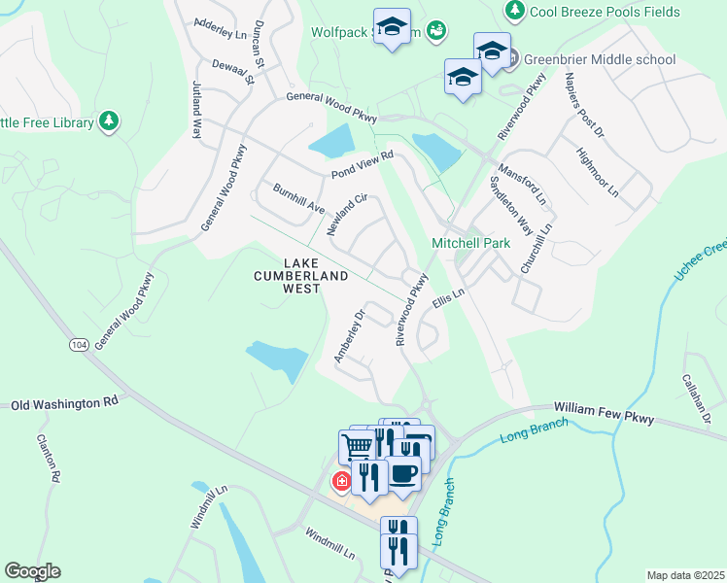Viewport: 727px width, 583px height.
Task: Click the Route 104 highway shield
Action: pos(79,345)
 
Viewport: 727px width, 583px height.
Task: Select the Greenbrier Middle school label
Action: pos(599,59)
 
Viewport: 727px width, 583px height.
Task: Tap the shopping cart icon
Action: pos(358,447)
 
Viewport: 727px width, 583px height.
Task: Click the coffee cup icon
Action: pos(403,474)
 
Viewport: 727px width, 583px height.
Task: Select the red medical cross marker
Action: pos(341,481)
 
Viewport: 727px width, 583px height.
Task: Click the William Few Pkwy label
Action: pos(605,412)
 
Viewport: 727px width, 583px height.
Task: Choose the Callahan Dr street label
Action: pos(698,398)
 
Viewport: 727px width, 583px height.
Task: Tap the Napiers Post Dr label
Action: pos(586,111)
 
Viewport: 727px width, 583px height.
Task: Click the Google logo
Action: pos(32,571)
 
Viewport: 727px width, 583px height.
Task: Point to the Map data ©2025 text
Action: pos(684,575)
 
